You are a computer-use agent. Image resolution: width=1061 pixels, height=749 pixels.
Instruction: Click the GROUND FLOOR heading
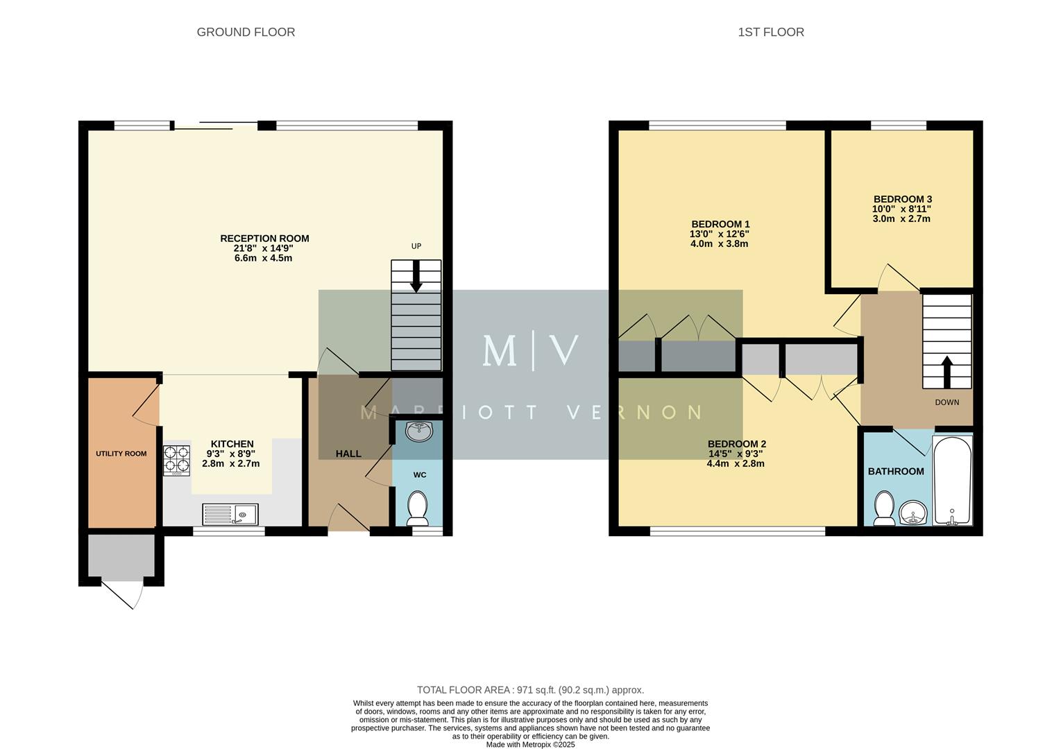click(x=246, y=32)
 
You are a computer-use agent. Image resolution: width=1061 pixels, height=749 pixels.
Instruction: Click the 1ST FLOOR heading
click(x=770, y=32)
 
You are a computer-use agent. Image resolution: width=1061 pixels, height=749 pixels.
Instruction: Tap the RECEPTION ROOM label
click(x=264, y=238)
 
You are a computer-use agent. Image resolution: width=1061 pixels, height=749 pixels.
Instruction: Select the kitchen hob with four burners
click(x=176, y=460)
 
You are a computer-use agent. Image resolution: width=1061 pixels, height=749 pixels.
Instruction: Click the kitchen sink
click(x=230, y=515)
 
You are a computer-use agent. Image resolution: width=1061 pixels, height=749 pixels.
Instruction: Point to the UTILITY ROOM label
click(x=121, y=454)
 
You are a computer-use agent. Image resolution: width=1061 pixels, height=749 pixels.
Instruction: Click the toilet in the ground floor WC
click(x=417, y=508)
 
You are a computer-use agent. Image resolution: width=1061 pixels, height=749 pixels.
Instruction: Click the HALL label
click(x=348, y=454)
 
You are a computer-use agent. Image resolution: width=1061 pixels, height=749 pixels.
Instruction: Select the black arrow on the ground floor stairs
click(x=416, y=276)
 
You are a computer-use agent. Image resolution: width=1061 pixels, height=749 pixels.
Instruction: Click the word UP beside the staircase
click(x=416, y=246)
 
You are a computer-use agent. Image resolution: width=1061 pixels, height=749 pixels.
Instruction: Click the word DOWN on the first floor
click(x=947, y=402)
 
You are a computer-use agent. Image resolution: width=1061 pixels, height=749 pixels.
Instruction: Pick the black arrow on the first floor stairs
click(x=947, y=372)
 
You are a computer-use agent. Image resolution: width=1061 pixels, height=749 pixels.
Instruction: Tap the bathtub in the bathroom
click(x=953, y=481)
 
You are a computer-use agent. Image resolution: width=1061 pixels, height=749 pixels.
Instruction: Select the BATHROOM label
click(x=896, y=471)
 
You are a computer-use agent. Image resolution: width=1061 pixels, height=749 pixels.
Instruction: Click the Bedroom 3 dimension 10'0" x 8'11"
click(x=901, y=209)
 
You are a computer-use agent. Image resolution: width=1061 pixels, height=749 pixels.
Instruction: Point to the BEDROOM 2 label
click(x=736, y=444)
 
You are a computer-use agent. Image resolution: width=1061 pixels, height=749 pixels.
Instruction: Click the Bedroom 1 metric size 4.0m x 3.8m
click(x=719, y=243)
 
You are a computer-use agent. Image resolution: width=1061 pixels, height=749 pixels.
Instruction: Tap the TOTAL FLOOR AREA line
click(x=530, y=689)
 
